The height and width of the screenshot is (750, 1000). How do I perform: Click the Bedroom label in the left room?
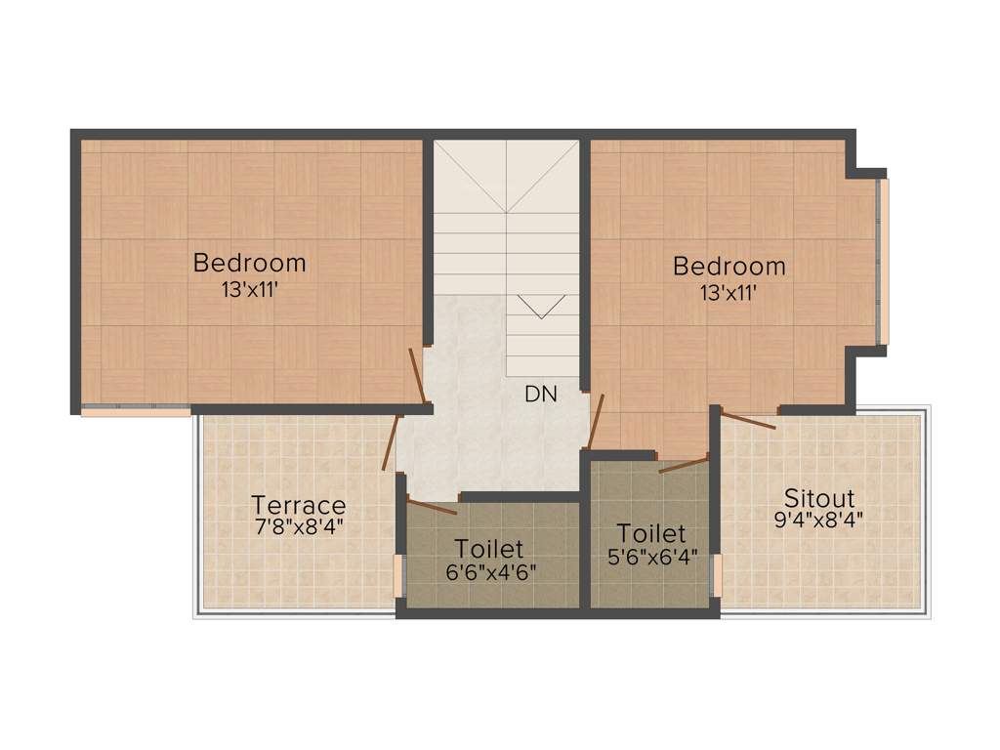click(x=249, y=263)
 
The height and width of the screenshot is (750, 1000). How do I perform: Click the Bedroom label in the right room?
click(x=729, y=266)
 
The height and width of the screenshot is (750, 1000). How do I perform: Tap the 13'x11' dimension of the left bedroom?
click(x=249, y=289)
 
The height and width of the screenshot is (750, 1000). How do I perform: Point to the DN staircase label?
click(x=540, y=395)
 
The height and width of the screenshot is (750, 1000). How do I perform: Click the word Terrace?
click(x=298, y=505)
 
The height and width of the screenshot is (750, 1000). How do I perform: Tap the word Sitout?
click(x=819, y=498)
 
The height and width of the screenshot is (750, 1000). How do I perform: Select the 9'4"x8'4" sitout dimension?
click(x=819, y=520)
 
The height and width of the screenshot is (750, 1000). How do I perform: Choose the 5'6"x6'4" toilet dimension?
click(x=650, y=558)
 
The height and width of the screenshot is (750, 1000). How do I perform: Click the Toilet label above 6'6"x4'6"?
click(x=490, y=549)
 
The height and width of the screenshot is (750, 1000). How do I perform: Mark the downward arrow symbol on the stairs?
click(x=541, y=307)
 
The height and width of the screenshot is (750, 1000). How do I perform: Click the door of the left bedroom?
click(x=417, y=375)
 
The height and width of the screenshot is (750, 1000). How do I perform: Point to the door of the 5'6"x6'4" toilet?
click(x=684, y=464)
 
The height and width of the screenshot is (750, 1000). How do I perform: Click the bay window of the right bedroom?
click(x=884, y=261)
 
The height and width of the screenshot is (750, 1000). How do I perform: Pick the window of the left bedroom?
click(x=135, y=411)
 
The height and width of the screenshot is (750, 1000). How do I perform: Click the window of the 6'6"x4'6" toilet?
click(x=398, y=575)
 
